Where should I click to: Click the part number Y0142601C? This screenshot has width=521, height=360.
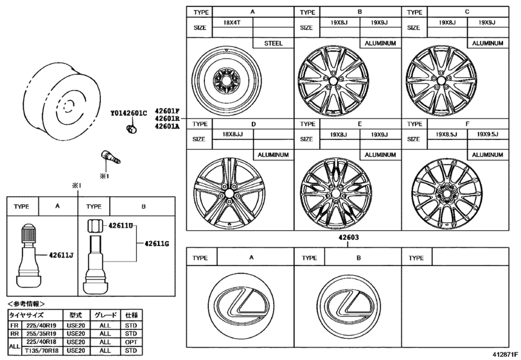pyautogui.click(x=128, y=114)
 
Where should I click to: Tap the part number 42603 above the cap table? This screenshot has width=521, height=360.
pyautogui.click(x=348, y=237)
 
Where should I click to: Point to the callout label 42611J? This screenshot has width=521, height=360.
pyautogui.click(x=62, y=255)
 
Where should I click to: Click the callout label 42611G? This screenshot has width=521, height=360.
pyautogui.click(x=156, y=243)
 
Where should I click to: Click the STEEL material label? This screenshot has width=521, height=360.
pyautogui.click(x=275, y=43)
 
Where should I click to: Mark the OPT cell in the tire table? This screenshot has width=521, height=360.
pyautogui.click(x=131, y=342)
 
